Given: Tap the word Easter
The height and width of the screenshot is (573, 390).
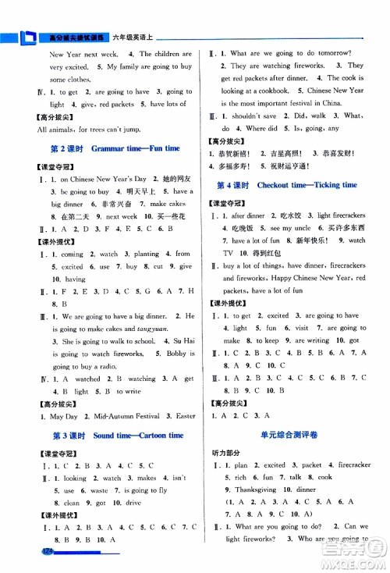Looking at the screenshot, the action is click(x=186, y=416).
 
